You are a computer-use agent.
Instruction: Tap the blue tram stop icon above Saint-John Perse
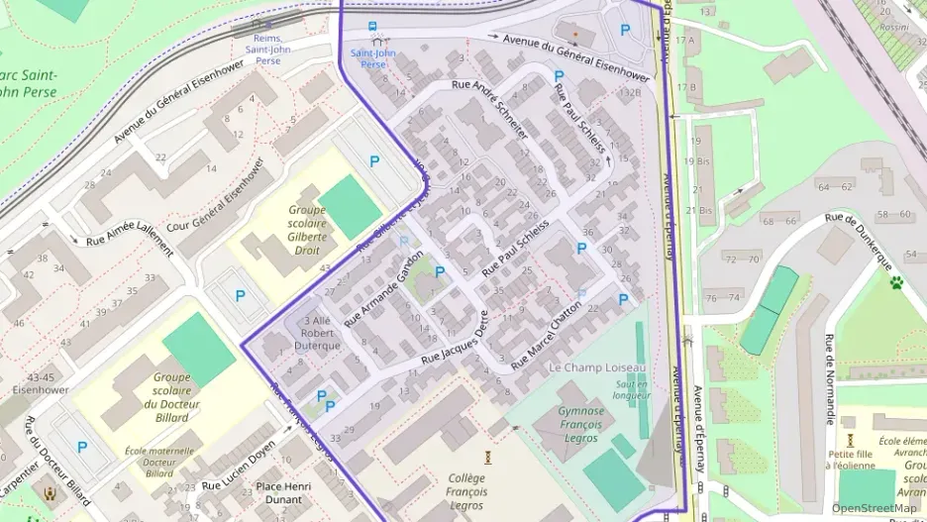pos(372,27)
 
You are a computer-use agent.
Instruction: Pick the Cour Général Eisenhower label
pos(217,194)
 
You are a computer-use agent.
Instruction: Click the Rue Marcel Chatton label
pos(546,337)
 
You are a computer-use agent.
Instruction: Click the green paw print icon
pos(895,282)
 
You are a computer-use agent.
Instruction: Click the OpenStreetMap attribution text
pos(874,508)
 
